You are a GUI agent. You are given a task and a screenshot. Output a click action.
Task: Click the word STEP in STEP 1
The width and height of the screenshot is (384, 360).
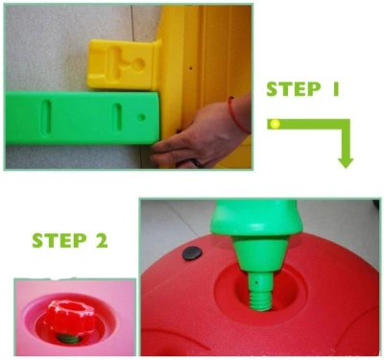coord(293,89)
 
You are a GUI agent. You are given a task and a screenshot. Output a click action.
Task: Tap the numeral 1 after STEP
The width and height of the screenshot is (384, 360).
coord(335,89)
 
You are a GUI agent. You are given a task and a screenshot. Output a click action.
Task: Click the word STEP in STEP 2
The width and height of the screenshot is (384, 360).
coord(60,241)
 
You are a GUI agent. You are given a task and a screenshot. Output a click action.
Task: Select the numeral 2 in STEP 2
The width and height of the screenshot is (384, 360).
coord(102,241)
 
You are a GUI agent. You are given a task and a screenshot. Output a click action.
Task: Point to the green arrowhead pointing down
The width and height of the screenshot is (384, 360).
coord(346,162)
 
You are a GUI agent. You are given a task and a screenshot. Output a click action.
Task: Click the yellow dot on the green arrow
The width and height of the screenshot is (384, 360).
coord(275,124)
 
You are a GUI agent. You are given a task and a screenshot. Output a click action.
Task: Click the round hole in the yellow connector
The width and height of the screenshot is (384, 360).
coord(138,65)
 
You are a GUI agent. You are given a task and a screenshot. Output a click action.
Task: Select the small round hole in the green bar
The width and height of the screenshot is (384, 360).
coord(141,117)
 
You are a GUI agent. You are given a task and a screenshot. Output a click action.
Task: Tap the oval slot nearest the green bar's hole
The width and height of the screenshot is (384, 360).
coord(117,117)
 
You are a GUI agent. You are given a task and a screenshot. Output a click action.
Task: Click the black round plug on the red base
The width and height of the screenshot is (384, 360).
coord(192,253)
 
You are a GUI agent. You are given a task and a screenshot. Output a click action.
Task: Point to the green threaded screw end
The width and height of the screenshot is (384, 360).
coord(260,300)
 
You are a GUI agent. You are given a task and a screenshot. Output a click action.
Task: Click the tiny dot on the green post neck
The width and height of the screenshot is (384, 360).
coord(256,282)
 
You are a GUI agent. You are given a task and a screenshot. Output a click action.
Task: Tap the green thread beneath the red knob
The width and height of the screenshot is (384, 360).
coord(68,339)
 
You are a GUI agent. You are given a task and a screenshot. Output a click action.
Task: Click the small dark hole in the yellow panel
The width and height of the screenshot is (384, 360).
coord(190,68)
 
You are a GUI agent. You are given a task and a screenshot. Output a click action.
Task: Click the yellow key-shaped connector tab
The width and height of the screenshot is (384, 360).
coord(123,64)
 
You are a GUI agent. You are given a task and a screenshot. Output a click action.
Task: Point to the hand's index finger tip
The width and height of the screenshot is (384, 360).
coord(154,147)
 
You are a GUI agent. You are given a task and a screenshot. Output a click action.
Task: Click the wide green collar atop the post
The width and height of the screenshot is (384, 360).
coord(256,218)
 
